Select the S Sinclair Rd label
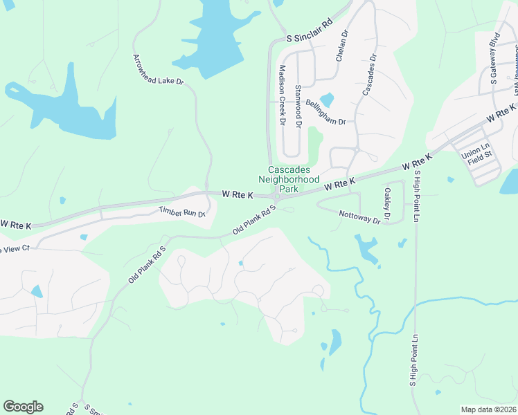[310, 32]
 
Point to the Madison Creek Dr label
[282, 95]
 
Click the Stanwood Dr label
[298, 105]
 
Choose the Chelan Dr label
[341, 46]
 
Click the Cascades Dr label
[368, 74]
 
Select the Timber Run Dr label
[183, 212]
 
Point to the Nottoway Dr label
[360, 216]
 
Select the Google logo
[23, 407]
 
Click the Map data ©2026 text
[488, 409]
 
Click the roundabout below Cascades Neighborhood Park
[276, 199]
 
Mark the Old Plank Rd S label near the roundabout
[255, 219]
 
